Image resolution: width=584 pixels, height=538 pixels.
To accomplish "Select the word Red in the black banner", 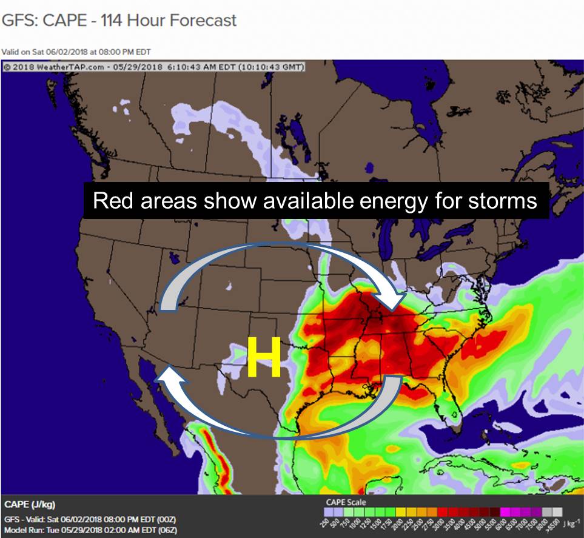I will [x=112, y=201].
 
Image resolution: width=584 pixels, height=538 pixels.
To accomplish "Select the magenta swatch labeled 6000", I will [x=502, y=512].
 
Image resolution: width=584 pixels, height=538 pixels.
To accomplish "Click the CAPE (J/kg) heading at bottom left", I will [x=31, y=505].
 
